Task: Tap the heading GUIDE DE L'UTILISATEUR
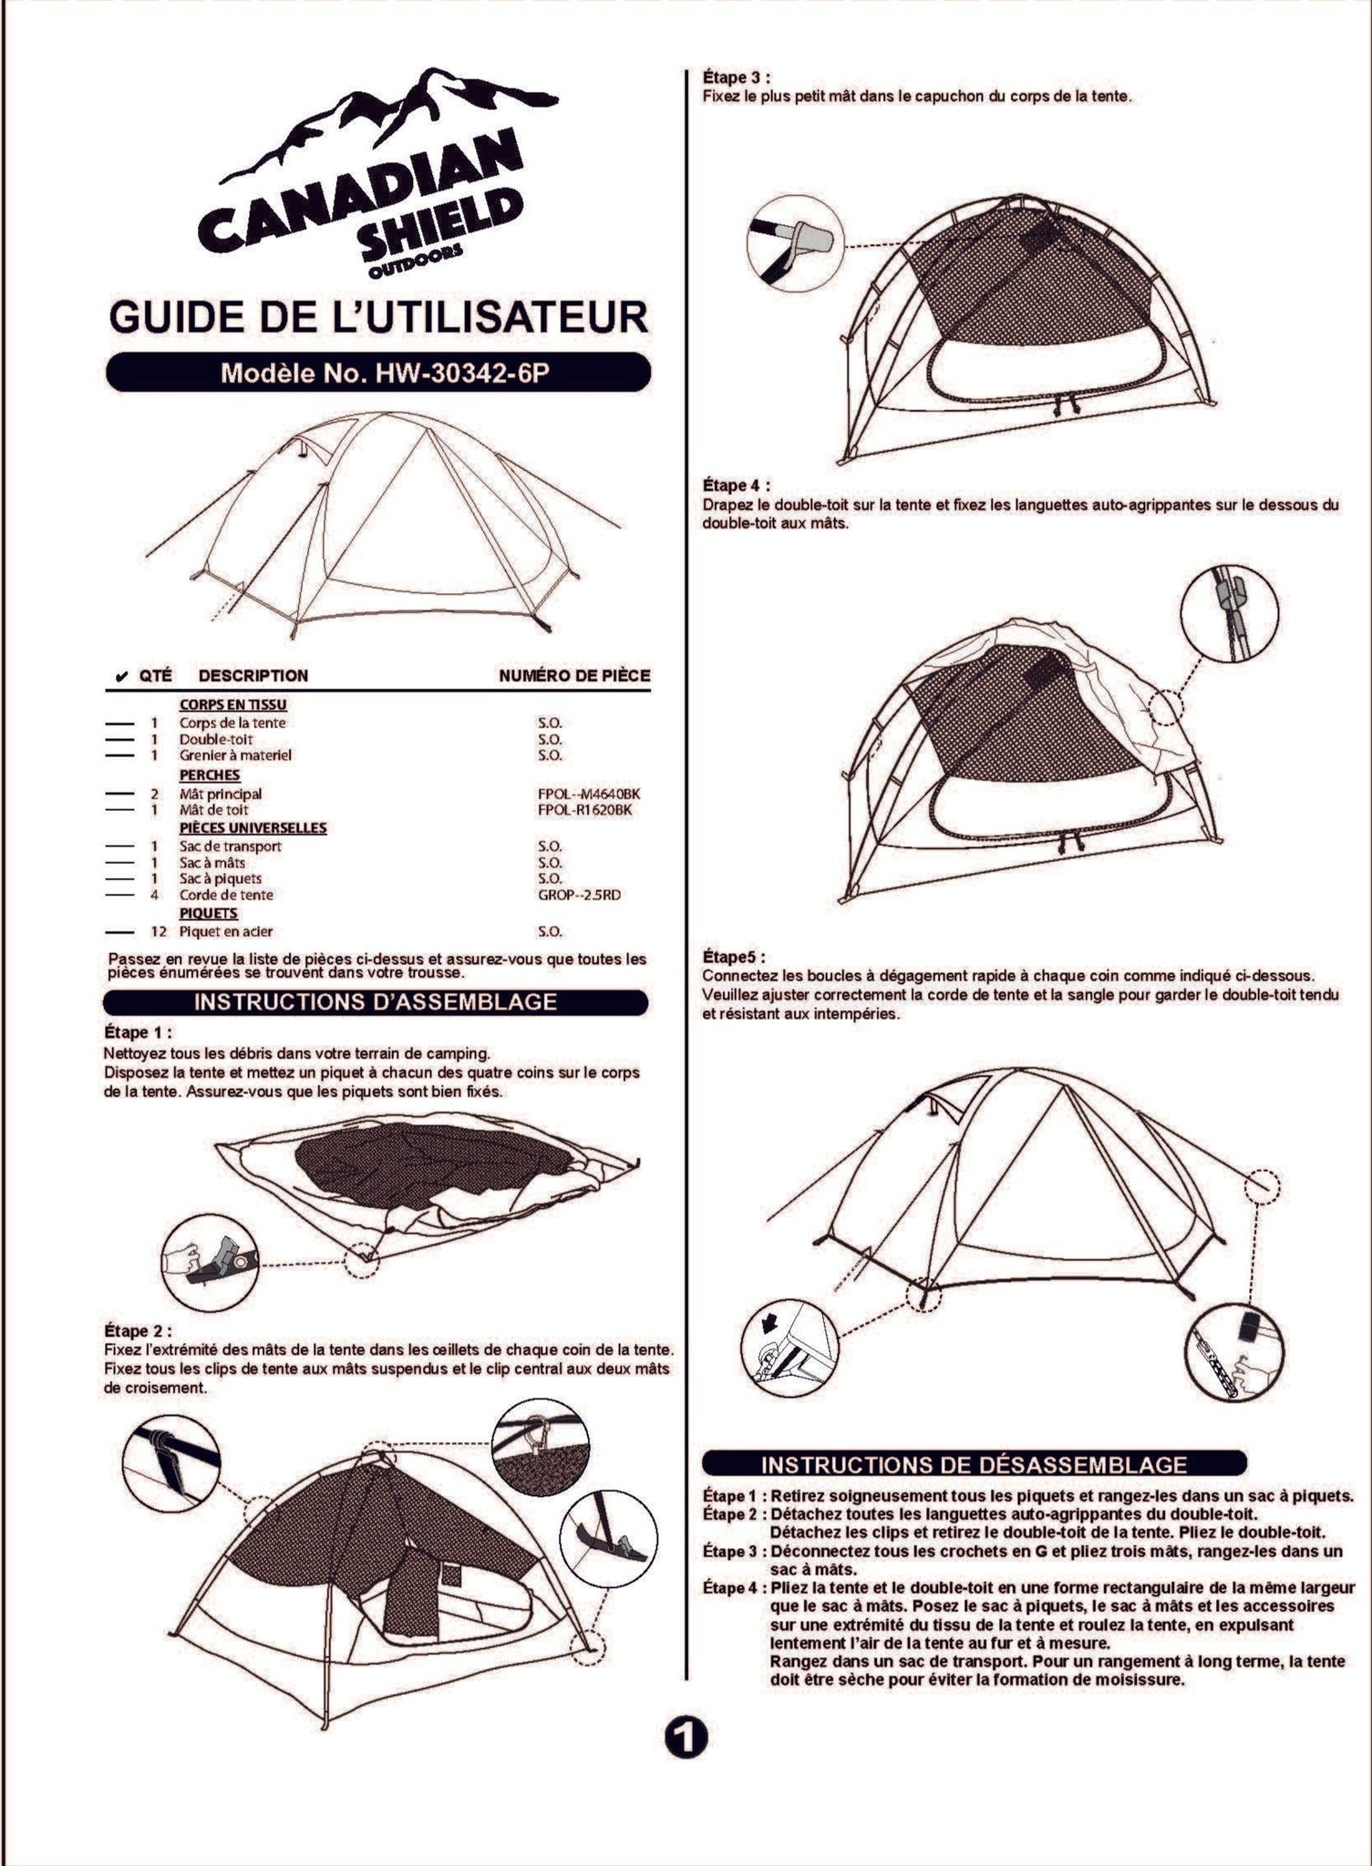click(x=378, y=317)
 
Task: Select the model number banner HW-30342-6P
click(x=378, y=373)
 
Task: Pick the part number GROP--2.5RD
click(x=579, y=895)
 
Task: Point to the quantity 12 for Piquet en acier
click(x=158, y=931)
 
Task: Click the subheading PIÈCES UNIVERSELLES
click(x=253, y=828)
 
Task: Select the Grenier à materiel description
click(x=235, y=755)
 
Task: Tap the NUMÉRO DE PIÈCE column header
click(x=574, y=675)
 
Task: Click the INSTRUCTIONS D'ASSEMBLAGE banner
click(x=376, y=1002)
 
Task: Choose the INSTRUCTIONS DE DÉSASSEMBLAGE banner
click(x=974, y=1464)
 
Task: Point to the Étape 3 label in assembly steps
click(x=736, y=77)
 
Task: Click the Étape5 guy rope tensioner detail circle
click(x=1234, y=1352)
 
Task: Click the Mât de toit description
click(x=213, y=810)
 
